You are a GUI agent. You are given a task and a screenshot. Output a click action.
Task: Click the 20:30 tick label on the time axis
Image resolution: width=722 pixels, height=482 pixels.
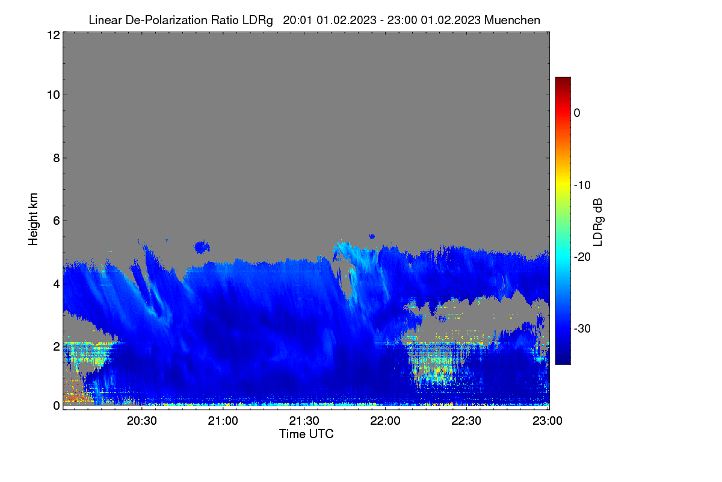pos(141,421)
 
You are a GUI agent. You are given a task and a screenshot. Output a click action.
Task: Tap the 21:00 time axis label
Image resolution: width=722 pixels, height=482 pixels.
pos(223,421)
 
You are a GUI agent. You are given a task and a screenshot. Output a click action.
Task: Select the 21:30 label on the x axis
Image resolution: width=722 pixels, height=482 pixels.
pos(304,421)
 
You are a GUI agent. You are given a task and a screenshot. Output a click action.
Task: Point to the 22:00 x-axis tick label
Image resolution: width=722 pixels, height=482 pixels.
pos(385,421)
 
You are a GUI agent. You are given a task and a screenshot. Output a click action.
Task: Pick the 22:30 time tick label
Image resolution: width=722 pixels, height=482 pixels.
pos(466,421)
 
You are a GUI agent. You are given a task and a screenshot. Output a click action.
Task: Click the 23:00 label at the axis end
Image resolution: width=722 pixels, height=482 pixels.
pos(548,421)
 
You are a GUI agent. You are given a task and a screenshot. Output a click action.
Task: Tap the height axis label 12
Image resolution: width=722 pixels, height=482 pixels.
pos(54,35)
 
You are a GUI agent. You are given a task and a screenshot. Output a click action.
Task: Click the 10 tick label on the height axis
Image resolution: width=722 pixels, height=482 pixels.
pos(54,95)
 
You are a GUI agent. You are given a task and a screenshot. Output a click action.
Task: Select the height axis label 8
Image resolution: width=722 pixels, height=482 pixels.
pos(57,158)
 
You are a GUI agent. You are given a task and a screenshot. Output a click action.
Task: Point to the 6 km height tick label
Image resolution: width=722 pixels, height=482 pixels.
pos(57,221)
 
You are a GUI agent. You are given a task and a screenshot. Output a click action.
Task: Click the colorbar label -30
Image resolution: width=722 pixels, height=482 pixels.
pos(582,328)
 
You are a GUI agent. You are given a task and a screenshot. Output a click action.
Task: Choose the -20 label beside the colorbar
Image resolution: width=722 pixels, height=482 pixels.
pos(582,257)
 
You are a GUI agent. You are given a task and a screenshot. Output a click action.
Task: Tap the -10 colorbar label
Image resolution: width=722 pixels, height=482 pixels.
pos(582,186)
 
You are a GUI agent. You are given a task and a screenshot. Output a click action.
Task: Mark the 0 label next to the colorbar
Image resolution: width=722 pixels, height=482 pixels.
pos(577,113)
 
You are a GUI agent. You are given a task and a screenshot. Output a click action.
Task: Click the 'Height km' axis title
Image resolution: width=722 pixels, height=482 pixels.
pos(33,219)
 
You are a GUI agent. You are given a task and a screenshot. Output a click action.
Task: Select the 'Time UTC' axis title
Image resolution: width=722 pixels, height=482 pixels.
pos(306,434)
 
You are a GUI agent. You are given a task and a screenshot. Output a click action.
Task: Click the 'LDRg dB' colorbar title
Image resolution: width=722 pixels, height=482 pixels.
pos(598,222)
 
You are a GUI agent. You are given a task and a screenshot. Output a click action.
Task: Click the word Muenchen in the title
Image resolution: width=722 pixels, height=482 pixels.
pos(512,20)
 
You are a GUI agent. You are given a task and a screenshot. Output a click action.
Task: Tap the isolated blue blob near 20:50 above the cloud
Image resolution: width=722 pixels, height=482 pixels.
pos(202,247)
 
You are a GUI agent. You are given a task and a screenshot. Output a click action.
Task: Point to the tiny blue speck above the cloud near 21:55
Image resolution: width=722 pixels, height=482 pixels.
pos(372,237)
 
